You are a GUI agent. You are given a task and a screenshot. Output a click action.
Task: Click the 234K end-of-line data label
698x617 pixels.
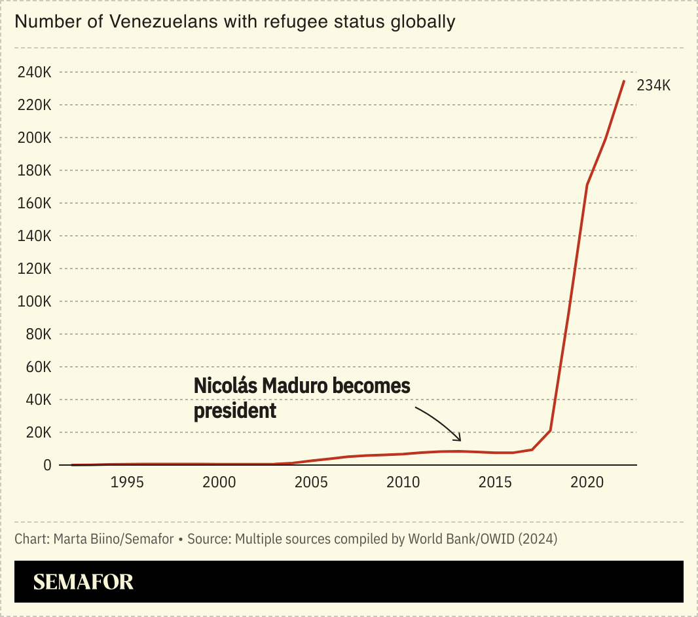click(653, 86)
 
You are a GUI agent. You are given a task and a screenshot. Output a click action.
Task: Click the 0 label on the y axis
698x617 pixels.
click(46, 465)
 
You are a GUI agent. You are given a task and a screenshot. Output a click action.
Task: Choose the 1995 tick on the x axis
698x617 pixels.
click(127, 483)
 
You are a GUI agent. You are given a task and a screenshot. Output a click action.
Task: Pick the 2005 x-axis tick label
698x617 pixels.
click(311, 483)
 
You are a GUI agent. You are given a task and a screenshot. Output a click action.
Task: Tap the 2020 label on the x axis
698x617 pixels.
click(587, 483)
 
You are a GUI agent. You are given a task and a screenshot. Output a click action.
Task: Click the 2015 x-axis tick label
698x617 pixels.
click(495, 483)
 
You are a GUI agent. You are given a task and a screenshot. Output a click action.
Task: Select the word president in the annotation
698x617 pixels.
click(235, 411)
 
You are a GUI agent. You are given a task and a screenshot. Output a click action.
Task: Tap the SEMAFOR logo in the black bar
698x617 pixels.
click(83, 582)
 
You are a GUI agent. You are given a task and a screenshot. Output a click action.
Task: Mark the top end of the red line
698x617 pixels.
click(624, 81)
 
